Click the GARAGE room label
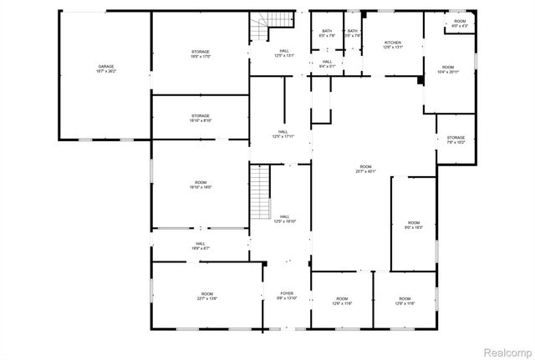pos(106,66)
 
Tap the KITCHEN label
pos(393,43)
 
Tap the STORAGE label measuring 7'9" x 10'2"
pos(456,138)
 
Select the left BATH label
pos(327,31)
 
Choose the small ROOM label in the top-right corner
pos(460,21)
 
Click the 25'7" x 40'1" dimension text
pos(363,171)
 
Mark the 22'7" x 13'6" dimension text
pos(206,299)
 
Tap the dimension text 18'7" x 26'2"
pos(106,72)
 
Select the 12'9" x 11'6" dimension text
pos(405,303)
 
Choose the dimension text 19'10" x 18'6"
pos(201,187)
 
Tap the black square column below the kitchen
pos(419,81)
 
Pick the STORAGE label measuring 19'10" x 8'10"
pos(201,116)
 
